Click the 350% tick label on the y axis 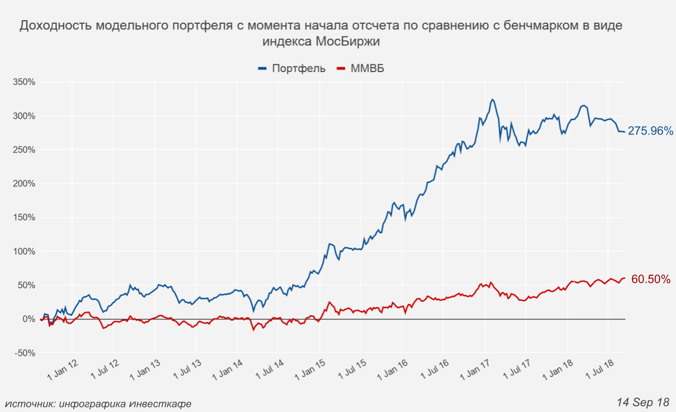click(x=24, y=82)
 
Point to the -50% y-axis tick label click(x=24, y=353)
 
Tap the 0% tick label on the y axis click(x=28, y=319)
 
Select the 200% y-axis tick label click(x=24, y=184)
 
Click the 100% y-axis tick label click(x=24, y=251)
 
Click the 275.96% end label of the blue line click(x=650, y=131)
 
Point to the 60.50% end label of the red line click(x=651, y=279)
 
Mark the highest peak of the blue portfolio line click(x=492, y=99)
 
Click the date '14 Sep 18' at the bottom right click(x=643, y=401)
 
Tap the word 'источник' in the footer click(x=28, y=404)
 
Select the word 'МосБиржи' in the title click(x=350, y=41)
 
